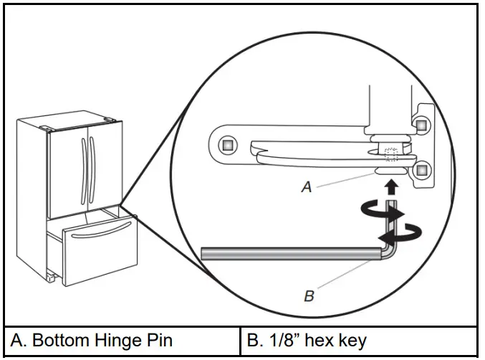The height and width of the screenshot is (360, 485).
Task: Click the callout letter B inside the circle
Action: (x=309, y=295)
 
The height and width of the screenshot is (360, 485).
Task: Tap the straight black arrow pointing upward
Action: (x=390, y=188)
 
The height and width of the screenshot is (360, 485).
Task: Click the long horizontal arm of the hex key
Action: (x=287, y=253)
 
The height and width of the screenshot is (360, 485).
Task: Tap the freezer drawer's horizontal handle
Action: (x=100, y=230)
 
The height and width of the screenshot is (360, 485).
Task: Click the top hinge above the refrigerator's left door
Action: (x=47, y=130)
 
